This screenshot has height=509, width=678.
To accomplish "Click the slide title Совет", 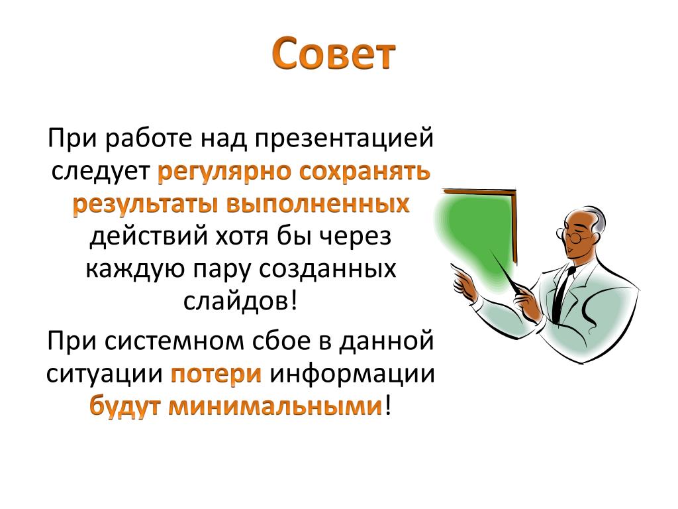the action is (x=334, y=54).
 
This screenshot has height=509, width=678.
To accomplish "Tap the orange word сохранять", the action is (x=365, y=172).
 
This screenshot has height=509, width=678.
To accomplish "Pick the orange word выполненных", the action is (x=318, y=203).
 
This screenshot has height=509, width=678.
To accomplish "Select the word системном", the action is (x=173, y=341).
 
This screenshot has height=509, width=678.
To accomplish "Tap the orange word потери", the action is (x=217, y=374).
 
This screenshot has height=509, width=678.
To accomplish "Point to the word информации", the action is (x=352, y=374).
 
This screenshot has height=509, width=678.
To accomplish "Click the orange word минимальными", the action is (x=275, y=407).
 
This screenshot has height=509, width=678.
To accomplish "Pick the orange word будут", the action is (x=125, y=406).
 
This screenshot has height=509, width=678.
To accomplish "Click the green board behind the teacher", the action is (x=475, y=234).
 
